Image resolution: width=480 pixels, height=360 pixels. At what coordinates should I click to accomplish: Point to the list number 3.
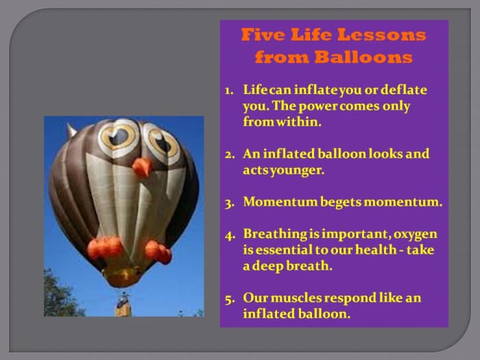click(x=229, y=202)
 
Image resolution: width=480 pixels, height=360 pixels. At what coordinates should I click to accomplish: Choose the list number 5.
click(x=229, y=298)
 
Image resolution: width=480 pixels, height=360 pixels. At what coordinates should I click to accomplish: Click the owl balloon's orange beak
click(x=141, y=167)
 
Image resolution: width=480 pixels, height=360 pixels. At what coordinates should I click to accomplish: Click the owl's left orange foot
click(x=105, y=248)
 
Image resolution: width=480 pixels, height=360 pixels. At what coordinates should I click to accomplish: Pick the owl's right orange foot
click(x=158, y=251)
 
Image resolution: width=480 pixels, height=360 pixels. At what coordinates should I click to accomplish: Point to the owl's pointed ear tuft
click(x=72, y=130)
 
